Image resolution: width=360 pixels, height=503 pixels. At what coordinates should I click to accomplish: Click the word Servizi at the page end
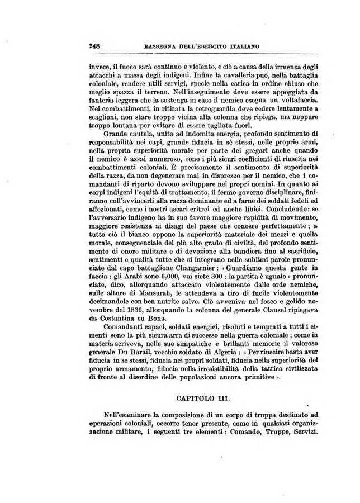click(301, 434)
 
